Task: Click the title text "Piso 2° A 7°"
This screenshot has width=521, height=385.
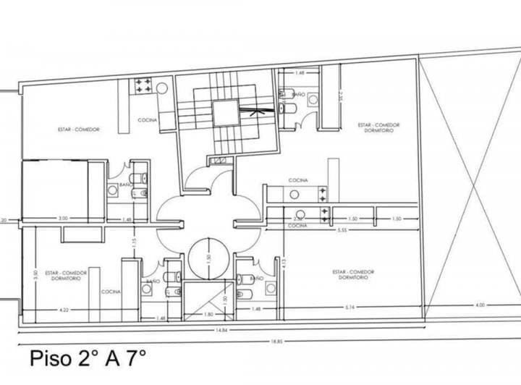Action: click(x=88, y=357)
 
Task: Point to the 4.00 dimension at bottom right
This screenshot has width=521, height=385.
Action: click(x=480, y=305)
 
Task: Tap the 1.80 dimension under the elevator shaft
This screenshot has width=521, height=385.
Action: click(x=209, y=314)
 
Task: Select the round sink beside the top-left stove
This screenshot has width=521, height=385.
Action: click(x=162, y=87)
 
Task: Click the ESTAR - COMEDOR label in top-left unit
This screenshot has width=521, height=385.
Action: click(x=78, y=130)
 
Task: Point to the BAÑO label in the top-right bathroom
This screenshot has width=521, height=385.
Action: click(x=298, y=94)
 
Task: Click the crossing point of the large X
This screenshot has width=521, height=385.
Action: click(x=471, y=187)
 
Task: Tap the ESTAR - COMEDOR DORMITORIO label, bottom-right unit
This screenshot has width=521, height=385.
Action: click(x=353, y=275)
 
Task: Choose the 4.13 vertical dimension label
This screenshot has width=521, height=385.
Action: click(x=284, y=262)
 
